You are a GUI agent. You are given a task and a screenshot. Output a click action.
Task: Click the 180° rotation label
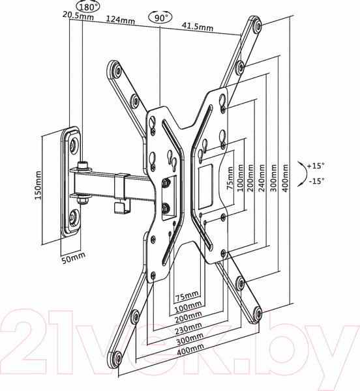coord(88,7)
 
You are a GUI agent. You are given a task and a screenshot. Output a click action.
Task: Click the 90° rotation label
coord(160,18)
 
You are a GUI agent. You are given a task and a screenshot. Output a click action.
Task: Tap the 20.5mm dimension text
coord(78,15)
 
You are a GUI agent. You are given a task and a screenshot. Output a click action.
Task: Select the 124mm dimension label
coord(121,20)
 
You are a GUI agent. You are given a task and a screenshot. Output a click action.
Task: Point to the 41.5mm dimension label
coord(198,26)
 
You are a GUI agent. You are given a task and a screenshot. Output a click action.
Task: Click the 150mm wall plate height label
coord(38,185)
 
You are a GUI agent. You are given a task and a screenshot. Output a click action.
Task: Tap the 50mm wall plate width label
coord(73,258)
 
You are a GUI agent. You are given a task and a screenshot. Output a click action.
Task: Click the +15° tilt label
coord(316,166)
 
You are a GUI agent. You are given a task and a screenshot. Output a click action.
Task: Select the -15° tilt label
coord(316,181)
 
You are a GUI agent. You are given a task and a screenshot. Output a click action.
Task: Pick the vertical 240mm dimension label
coord(262,177)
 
